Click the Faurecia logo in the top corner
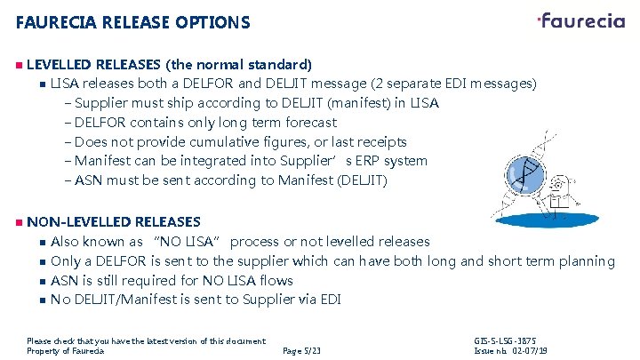[x=581, y=20]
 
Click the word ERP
[x=333, y=162]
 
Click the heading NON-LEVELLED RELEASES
[x=114, y=221]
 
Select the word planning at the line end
[x=583, y=261]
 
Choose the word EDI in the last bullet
[x=327, y=300]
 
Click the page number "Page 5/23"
[x=300, y=352]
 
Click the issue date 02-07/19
[x=526, y=352]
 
